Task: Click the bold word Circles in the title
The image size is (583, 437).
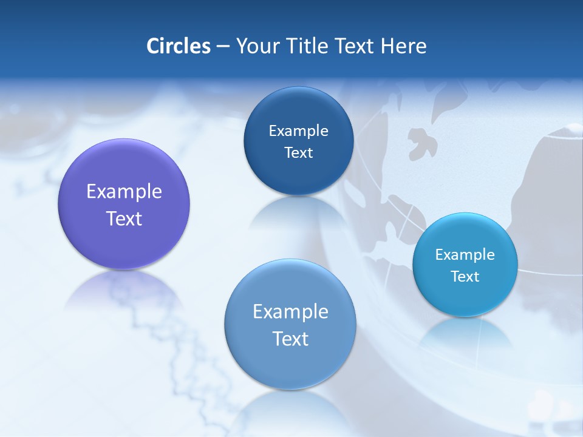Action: pyautogui.click(x=179, y=46)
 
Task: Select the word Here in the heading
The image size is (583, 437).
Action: pyautogui.click(x=404, y=46)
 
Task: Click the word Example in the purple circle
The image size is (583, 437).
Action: pyautogui.click(x=124, y=192)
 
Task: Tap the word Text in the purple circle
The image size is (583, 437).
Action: pyautogui.click(x=124, y=218)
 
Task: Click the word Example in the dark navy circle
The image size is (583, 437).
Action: pyautogui.click(x=298, y=130)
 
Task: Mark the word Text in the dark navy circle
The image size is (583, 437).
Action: pyautogui.click(x=298, y=152)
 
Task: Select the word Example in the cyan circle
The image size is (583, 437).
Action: pyautogui.click(x=465, y=254)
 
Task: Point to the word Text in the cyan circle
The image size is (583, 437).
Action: pyautogui.click(x=465, y=276)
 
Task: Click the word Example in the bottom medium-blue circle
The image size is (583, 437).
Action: pyautogui.click(x=290, y=311)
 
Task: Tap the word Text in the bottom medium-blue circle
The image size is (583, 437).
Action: pyautogui.click(x=290, y=339)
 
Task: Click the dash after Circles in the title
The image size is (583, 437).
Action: pyautogui.click(x=222, y=46)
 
